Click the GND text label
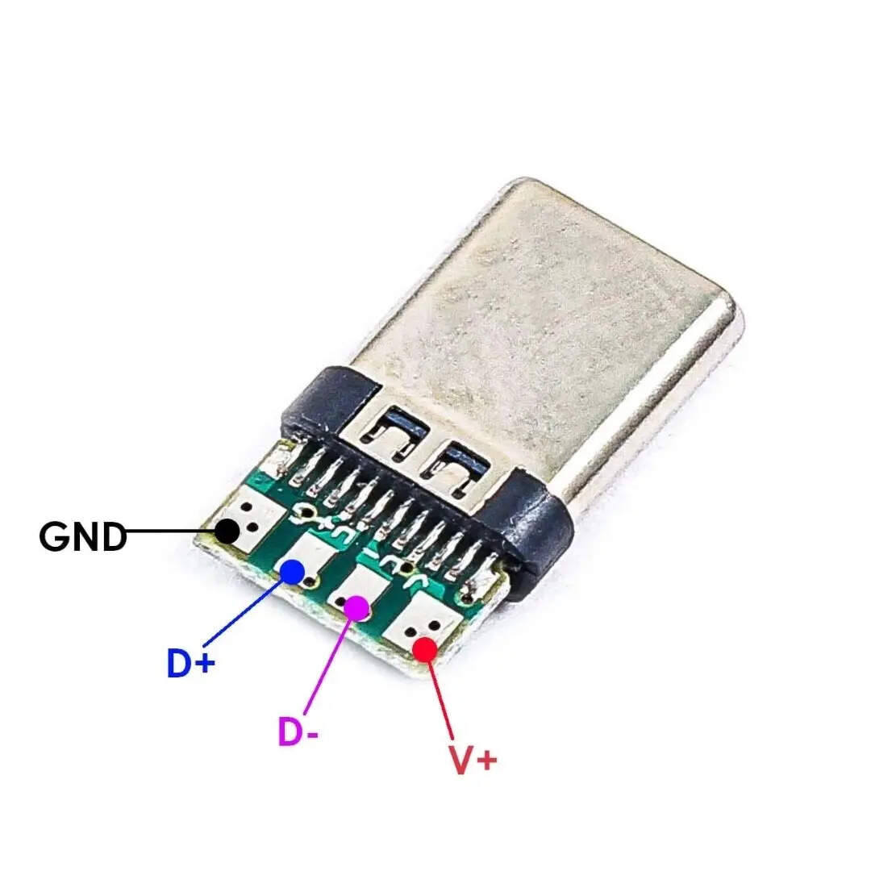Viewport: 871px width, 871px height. point(83,537)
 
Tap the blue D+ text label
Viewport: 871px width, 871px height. point(190,663)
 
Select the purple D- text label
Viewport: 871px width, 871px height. point(298,732)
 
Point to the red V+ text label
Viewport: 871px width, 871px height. point(473,760)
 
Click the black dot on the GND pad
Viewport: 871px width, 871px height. point(227,531)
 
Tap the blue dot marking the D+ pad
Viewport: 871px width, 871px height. point(292,572)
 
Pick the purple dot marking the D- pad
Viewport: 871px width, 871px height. point(356,608)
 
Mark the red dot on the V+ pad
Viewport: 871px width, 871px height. point(426,649)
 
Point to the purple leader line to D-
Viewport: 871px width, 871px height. point(327,667)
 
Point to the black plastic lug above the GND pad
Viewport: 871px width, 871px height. point(330,401)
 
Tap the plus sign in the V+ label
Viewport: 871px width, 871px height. point(487,760)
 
